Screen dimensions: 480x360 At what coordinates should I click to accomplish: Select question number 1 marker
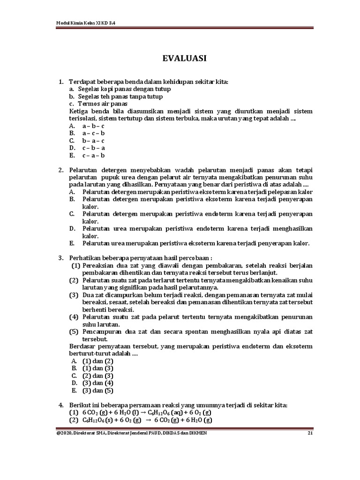click(x=61, y=82)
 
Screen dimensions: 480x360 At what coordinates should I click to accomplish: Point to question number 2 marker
click(x=61, y=170)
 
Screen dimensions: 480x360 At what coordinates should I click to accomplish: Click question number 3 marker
click(x=61, y=258)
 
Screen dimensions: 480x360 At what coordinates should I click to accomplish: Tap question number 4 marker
click(x=61, y=405)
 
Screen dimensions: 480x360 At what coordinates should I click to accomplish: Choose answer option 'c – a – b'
click(x=93, y=156)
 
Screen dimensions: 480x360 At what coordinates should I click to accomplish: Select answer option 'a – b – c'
click(x=93, y=126)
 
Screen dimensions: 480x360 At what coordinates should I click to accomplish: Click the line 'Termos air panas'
click(x=103, y=104)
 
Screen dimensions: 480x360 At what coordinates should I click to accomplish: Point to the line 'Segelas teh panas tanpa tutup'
click(x=120, y=97)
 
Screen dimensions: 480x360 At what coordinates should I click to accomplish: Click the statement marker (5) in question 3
click(x=75, y=332)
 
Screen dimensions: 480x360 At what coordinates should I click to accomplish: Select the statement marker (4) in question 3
click(x=75, y=317)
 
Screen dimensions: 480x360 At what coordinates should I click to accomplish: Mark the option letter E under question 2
click(x=72, y=243)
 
